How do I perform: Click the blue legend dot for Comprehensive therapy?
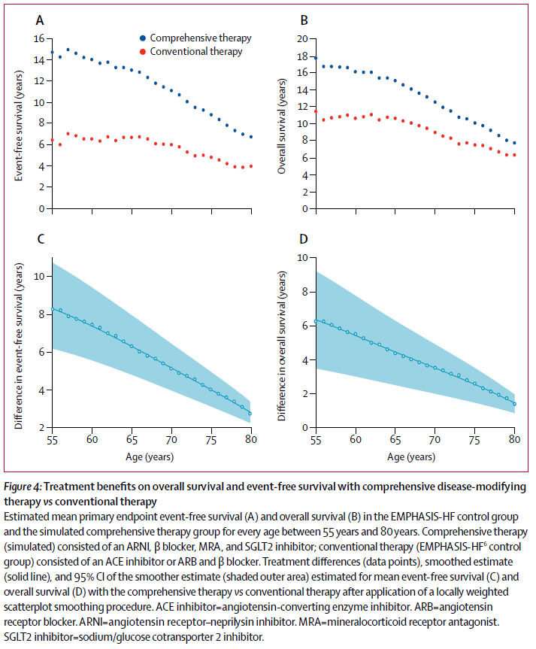coord(142,37)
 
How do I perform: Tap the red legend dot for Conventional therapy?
coord(142,52)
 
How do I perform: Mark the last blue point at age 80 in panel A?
coord(251,137)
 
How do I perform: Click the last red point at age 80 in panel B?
coord(515,155)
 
